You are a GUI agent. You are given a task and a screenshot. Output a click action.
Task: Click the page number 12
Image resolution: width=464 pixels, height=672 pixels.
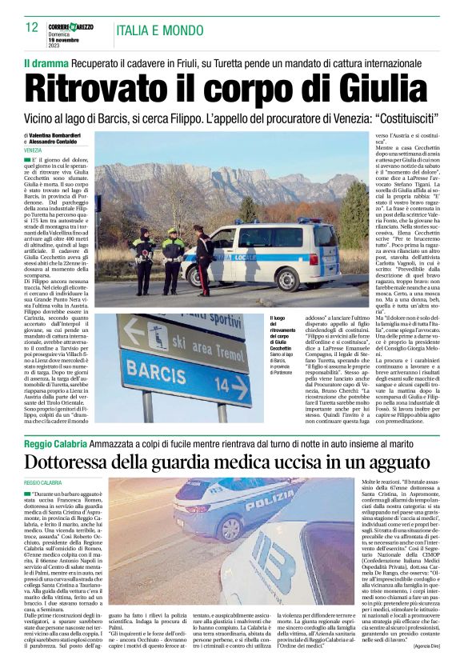[x=32, y=27]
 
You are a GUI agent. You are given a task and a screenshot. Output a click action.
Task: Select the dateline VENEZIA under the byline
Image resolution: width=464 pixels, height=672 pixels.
[x=33, y=150]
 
